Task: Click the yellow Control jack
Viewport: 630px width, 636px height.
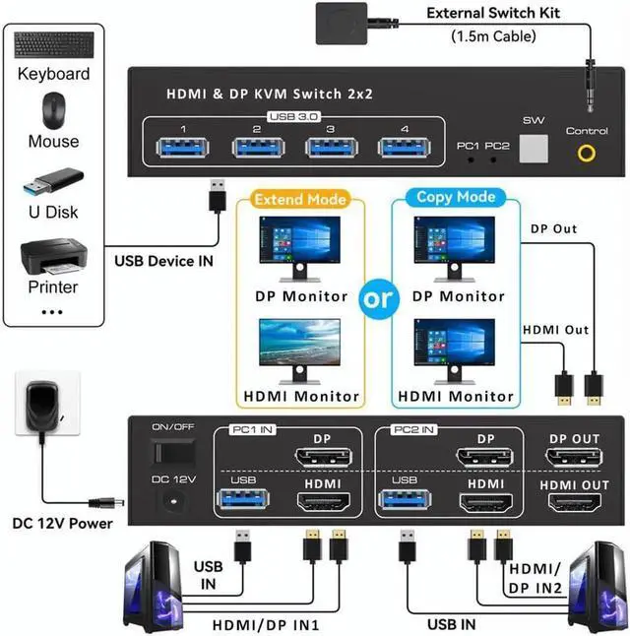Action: (587, 153)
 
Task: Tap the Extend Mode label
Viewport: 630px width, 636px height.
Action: (300, 199)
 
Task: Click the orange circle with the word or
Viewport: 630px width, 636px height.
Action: (379, 299)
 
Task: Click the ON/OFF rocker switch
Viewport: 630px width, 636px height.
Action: (169, 452)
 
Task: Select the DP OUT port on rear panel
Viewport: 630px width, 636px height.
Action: (575, 458)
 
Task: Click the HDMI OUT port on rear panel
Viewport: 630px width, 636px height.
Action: (575, 503)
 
